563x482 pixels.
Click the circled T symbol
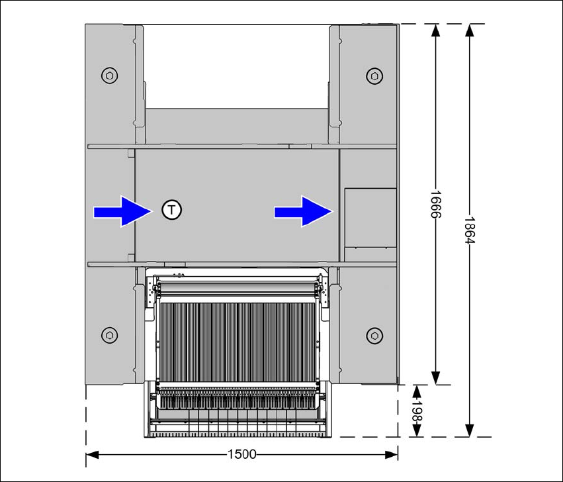click(x=171, y=211)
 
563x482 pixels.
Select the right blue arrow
click(x=304, y=211)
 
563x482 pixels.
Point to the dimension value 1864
click(x=469, y=230)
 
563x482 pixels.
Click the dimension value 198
click(x=417, y=410)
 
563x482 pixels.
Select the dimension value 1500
click(x=242, y=454)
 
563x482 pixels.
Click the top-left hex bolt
click(x=108, y=75)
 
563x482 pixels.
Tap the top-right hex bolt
click(x=374, y=75)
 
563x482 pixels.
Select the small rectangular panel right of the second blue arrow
click(x=370, y=218)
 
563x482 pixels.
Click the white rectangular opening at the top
click(x=237, y=66)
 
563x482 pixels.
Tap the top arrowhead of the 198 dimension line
click(x=417, y=390)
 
